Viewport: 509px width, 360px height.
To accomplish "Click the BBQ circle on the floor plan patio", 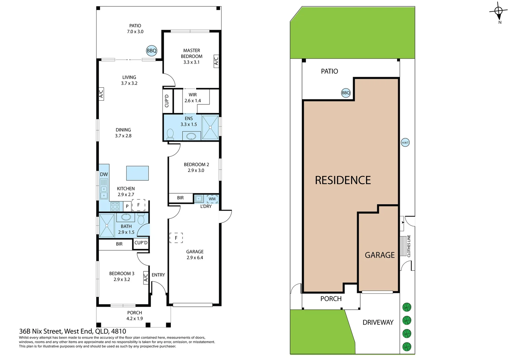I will tap(152, 51).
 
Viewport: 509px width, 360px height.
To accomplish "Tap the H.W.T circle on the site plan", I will tap(405, 143).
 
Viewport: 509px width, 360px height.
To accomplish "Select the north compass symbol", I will tap(498, 12).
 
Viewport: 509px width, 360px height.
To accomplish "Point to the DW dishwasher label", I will tap(104, 174).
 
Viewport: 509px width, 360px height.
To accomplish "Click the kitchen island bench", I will tap(137, 173).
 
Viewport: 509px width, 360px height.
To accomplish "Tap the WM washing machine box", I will tap(212, 199).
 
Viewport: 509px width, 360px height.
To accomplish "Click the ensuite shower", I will tap(210, 127).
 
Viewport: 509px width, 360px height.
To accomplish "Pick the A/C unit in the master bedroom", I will tap(216, 61).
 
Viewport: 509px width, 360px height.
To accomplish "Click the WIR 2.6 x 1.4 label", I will tap(193, 98).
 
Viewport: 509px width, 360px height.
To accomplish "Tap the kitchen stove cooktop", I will tap(115, 206).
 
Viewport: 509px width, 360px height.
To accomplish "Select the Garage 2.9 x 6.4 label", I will tap(195, 255).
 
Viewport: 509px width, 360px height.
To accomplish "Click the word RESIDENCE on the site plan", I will tap(343, 180).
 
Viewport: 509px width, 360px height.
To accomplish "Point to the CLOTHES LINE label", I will tap(409, 246).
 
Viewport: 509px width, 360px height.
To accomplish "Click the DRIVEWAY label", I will tap(378, 322).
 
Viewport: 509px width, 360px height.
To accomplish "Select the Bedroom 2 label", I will tap(196, 167).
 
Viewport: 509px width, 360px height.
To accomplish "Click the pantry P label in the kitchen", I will tap(127, 206).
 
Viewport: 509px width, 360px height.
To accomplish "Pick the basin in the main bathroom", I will tap(126, 217).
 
